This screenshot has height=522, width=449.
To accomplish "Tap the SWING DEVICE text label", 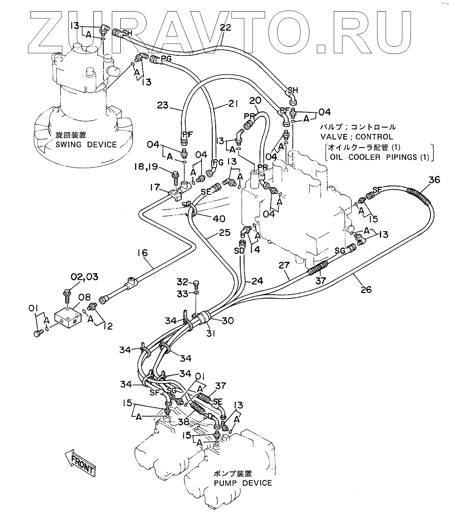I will click(x=86, y=144).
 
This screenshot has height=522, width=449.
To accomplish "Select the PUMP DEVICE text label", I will click(x=243, y=483).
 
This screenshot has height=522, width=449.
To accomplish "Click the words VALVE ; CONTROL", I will click(x=357, y=137).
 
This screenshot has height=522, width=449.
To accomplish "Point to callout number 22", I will click(x=225, y=28).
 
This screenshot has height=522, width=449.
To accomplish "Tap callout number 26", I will click(x=366, y=290).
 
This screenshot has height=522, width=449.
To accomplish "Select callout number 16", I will click(x=142, y=253).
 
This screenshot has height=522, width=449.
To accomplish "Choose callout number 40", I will click(x=219, y=218).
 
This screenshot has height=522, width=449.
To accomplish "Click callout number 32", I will click(x=183, y=282).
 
